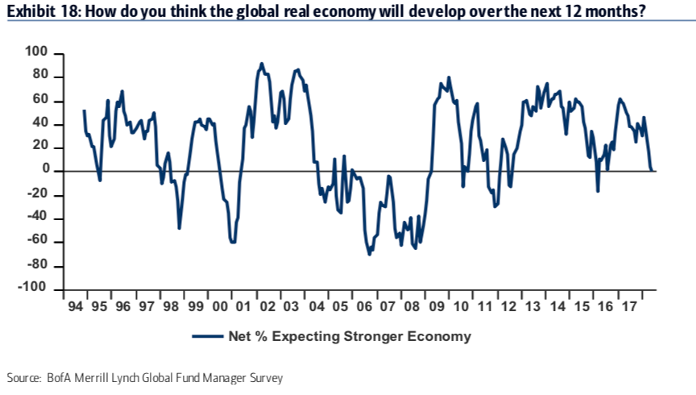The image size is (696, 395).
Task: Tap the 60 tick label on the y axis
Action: point(43,100)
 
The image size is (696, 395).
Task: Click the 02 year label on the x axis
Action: point(267,307)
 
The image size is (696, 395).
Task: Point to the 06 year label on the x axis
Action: point(362,307)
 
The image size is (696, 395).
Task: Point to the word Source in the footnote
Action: point(22,377)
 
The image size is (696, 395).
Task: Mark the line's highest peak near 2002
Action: point(261,63)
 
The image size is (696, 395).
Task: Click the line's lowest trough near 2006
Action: point(369,255)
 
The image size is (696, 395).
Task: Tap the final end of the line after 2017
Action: point(653,170)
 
